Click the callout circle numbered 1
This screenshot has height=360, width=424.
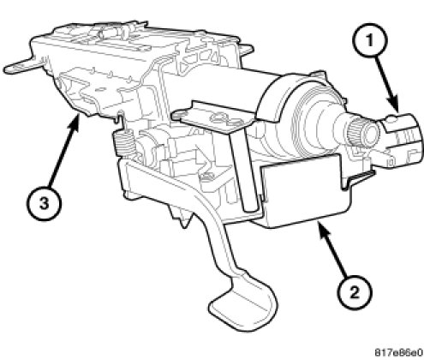pos(369,40)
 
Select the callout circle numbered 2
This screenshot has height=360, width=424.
pos(354,292)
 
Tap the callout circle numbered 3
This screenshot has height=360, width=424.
pos(44,204)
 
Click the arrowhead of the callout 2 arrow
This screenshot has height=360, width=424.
pos(322,229)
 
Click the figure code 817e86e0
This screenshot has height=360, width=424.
pos(398,351)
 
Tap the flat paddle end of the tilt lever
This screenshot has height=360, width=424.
pos(242,306)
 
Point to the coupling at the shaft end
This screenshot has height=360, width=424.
pos(401,140)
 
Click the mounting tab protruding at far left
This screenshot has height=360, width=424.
pos(23,66)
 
